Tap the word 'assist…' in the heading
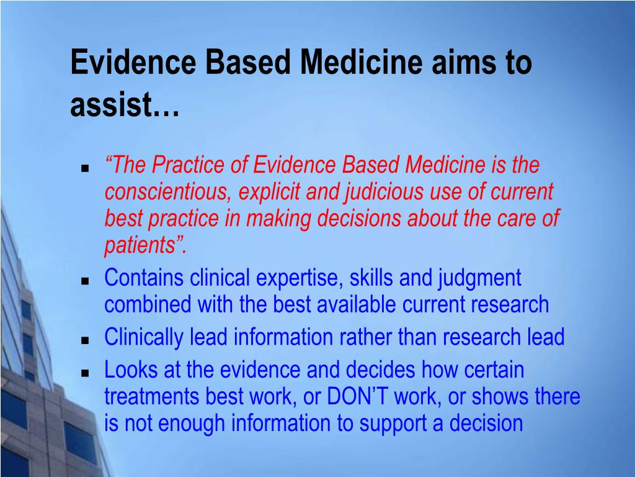pos(125,104)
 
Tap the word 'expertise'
pos(300,279)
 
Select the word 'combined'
pos(148,304)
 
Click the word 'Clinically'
pos(144,337)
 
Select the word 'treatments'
pos(151,397)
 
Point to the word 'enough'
pos(191,424)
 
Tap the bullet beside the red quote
pos(85,168)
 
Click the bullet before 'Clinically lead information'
pos(85,340)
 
